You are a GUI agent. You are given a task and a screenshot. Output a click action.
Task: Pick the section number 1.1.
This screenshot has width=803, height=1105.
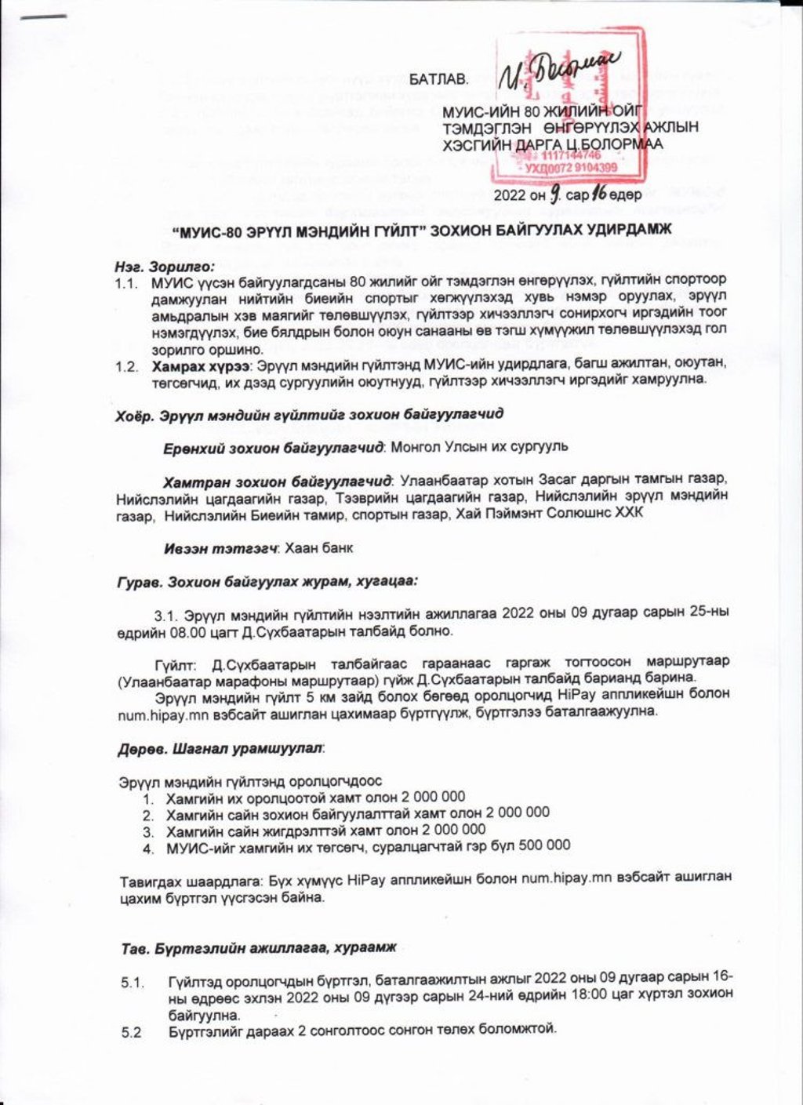click(127, 281)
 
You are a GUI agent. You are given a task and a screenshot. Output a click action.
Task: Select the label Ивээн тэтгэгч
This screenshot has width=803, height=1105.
click(221, 548)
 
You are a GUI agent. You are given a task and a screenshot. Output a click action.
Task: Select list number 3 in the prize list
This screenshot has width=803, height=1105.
click(147, 830)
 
